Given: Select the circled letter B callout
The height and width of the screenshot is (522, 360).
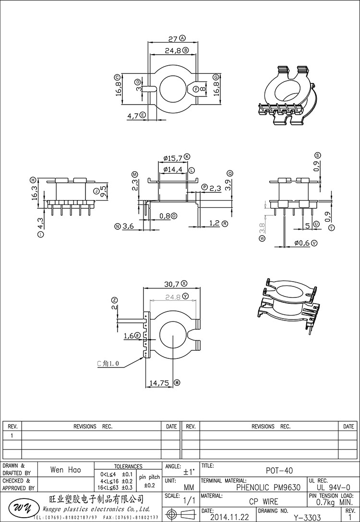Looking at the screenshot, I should [x=185, y=50].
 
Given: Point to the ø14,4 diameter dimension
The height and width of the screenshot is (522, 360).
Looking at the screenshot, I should [x=173, y=169].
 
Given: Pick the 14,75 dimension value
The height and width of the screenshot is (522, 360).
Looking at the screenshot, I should [x=159, y=383].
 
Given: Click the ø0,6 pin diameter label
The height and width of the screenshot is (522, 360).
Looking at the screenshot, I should [x=302, y=243].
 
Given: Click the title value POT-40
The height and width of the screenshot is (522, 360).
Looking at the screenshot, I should [x=279, y=471].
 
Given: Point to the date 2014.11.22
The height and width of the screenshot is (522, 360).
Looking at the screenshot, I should [x=228, y=517].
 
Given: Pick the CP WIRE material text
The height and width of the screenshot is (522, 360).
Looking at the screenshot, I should [x=264, y=502].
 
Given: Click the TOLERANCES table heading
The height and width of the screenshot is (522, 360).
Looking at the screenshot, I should [x=128, y=466].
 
